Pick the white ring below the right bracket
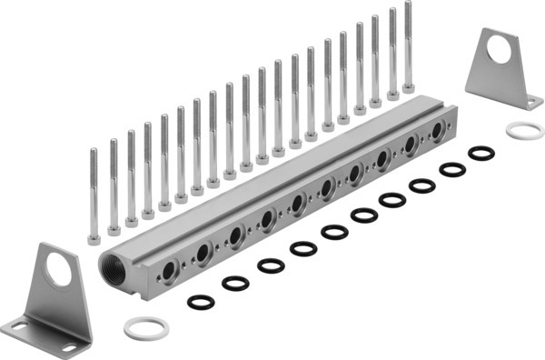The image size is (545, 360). tap(524, 130)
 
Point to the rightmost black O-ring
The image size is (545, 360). tap(481, 153)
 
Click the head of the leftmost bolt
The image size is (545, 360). tap(94, 239)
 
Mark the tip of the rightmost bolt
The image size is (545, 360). tap(408, 5)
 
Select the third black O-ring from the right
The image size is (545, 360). tap(422, 185)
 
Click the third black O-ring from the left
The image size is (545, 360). tap(271, 265)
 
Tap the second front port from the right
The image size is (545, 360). tap(410, 145)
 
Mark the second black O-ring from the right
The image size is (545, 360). tap(451, 169)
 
